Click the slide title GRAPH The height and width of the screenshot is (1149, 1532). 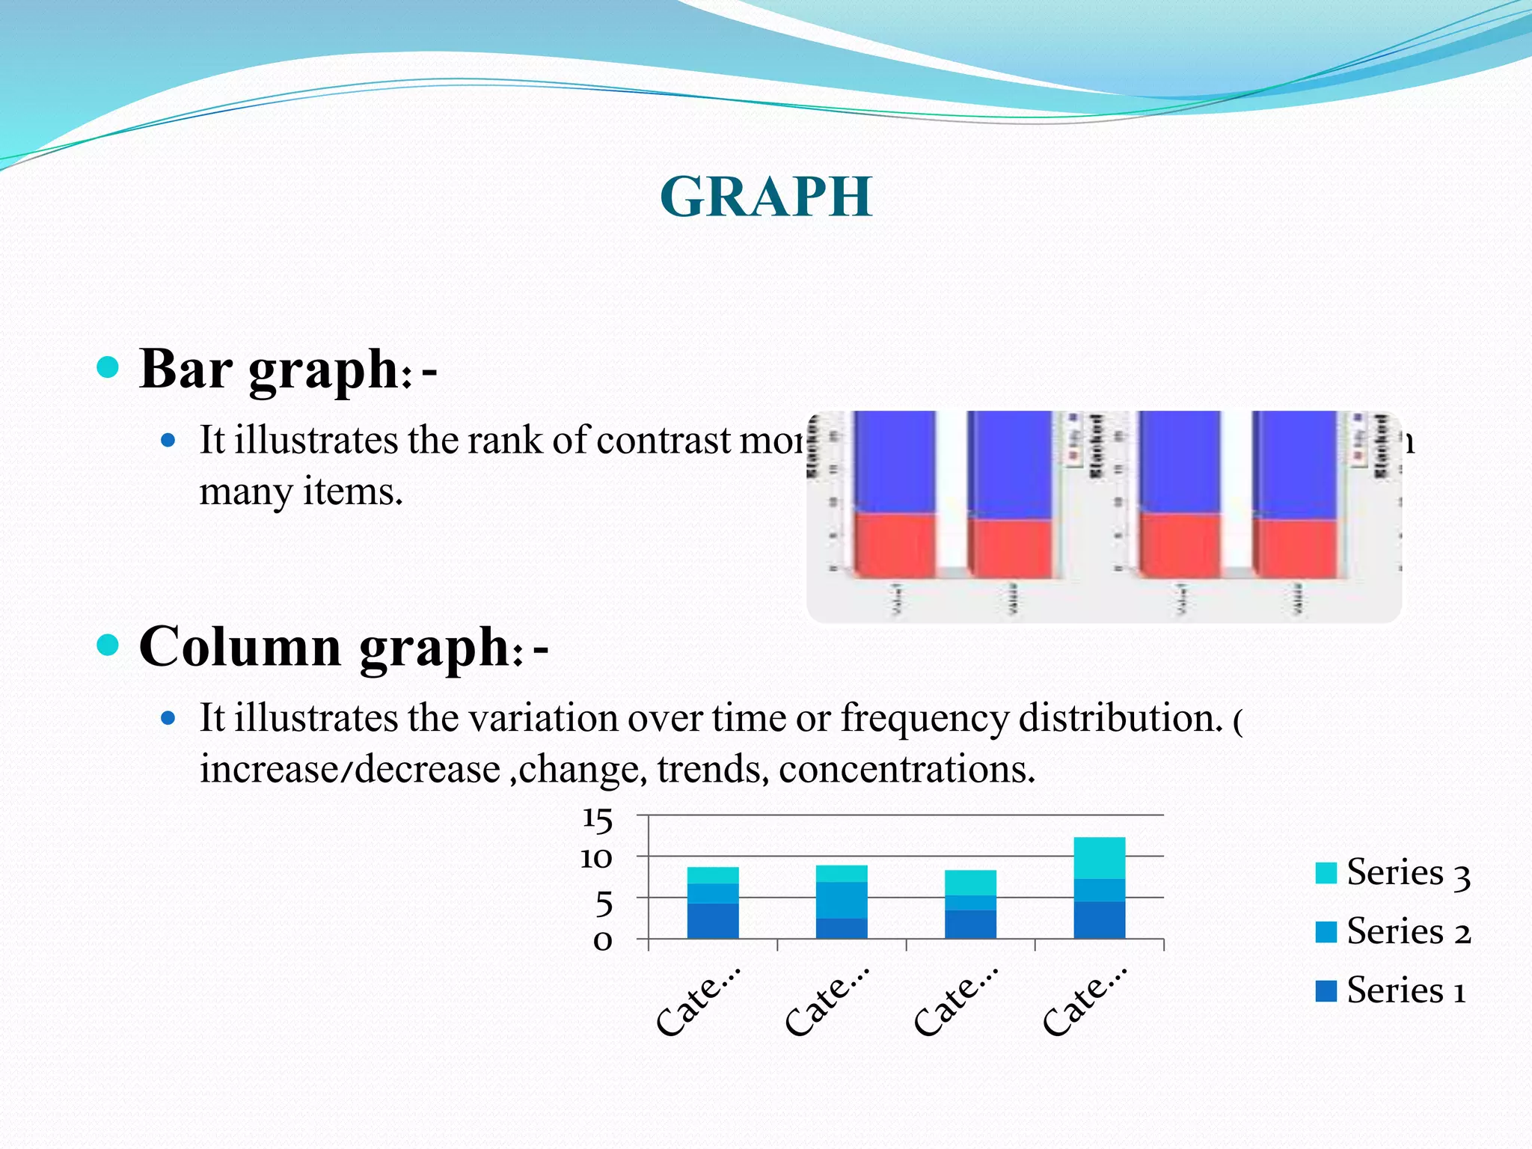[x=766, y=197]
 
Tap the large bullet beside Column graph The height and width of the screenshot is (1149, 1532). [x=108, y=644]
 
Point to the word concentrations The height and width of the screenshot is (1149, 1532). [x=906, y=769]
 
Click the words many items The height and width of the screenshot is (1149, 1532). [x=301, y=492]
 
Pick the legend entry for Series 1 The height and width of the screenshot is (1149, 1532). [x=1391, y=991]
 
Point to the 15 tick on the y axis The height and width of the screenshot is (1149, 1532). [x=597, y=819]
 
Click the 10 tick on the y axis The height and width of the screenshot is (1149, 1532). [x=596, y=858]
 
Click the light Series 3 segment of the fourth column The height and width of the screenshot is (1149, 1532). [x=1099, y=858]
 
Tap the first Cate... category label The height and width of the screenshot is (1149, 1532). [x=697, y=1001]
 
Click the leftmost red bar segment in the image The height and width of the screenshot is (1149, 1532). [x=895, y=545]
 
